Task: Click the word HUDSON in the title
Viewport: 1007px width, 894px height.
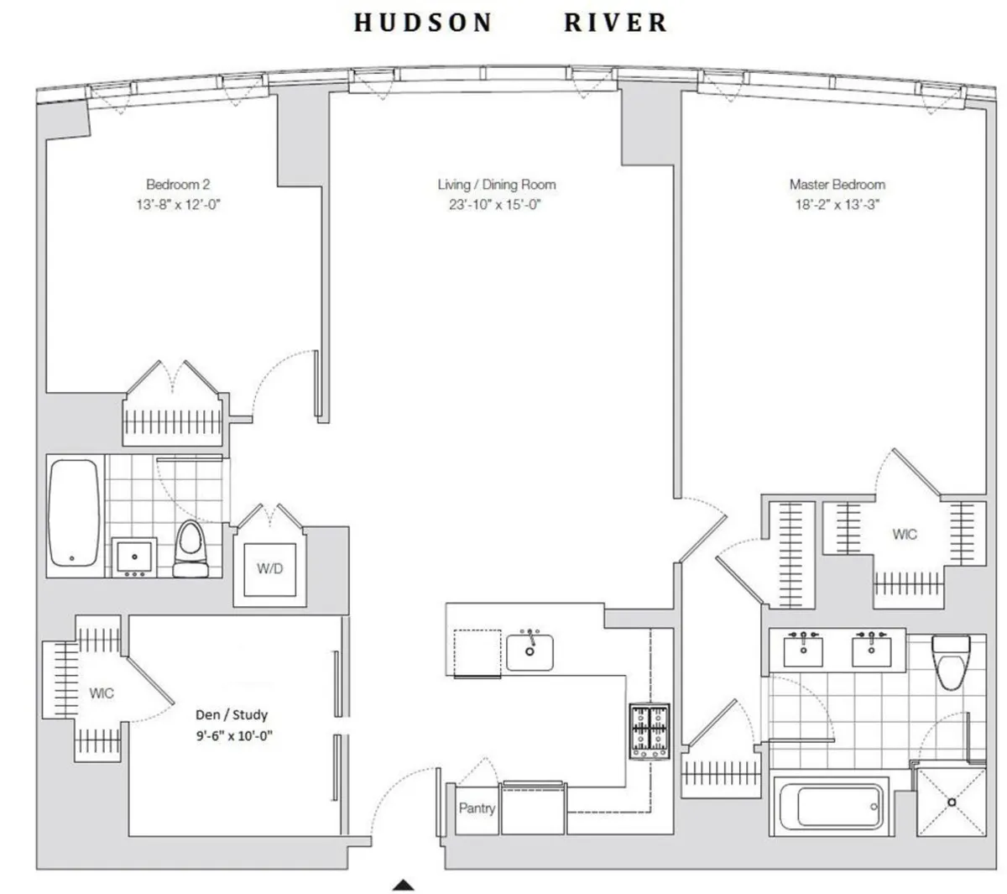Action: point(422,23)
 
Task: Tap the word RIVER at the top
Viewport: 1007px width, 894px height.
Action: point(615,23)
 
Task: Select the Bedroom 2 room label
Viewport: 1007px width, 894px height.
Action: point(178,185)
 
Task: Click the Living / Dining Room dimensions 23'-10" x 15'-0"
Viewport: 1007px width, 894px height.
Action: point(496,205)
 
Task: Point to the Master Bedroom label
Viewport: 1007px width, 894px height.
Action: point(837,185)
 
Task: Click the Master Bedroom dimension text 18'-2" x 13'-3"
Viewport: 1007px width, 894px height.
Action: point(837,205)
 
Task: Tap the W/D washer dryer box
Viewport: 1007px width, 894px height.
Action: point(269,568)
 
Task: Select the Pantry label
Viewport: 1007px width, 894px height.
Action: point(477,808)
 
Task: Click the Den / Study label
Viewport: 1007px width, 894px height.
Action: point(232,715)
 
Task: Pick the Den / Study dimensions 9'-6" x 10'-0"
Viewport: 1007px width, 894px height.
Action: point(234,736)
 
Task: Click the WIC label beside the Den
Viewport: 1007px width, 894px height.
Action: point(102,693)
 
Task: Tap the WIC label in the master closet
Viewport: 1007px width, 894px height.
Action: point(905,534)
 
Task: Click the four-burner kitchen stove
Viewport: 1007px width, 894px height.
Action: point(650,731)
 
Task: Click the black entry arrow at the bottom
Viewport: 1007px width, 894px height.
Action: point(404,884)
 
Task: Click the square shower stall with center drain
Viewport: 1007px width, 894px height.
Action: point(952,801)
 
